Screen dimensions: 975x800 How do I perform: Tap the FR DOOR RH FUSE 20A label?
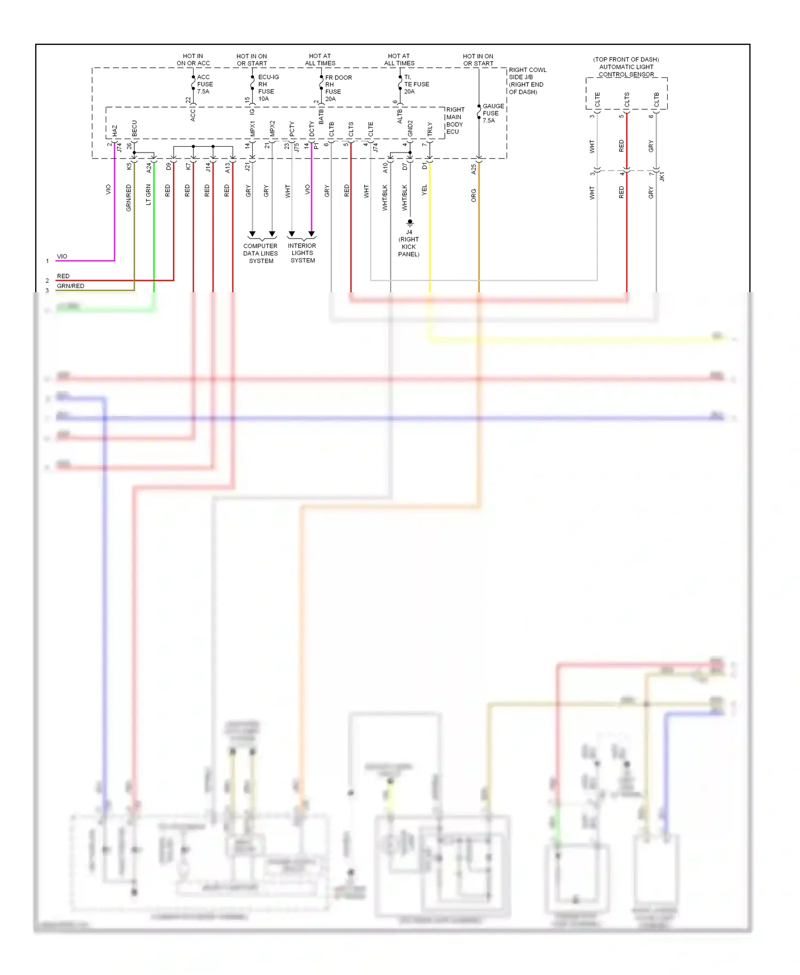click(x=337, y=88)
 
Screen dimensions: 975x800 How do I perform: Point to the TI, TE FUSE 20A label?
click(x=415, y=84)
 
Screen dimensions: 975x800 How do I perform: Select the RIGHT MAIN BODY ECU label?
click(x=455, y=121)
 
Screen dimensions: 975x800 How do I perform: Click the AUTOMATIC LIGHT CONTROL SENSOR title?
click(x=626, y=67)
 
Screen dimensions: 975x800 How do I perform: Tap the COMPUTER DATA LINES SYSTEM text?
click(x=261, y=253)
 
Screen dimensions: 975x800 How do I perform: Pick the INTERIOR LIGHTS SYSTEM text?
click(x=302, y=253)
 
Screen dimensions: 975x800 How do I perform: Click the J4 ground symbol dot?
click(x=410, y=221)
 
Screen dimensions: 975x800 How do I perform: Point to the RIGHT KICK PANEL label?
click(x=409, y=247)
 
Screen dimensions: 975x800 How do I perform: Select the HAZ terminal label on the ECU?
click(x=115, y=131)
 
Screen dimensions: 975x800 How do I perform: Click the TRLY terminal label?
click(x=430, y=129)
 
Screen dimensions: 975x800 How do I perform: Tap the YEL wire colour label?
click(x=425, y=189)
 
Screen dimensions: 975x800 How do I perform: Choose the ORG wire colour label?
click(x=474, y=195)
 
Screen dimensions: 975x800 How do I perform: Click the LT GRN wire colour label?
click(x=148, y=195)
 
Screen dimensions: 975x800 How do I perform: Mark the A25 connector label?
click(x=474, y=169)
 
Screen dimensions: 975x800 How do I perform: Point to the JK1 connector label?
click(x=662, y=176)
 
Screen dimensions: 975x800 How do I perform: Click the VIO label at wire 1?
click(x=62, y=257)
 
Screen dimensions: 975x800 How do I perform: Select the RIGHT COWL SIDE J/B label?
click(x=527, y=81)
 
